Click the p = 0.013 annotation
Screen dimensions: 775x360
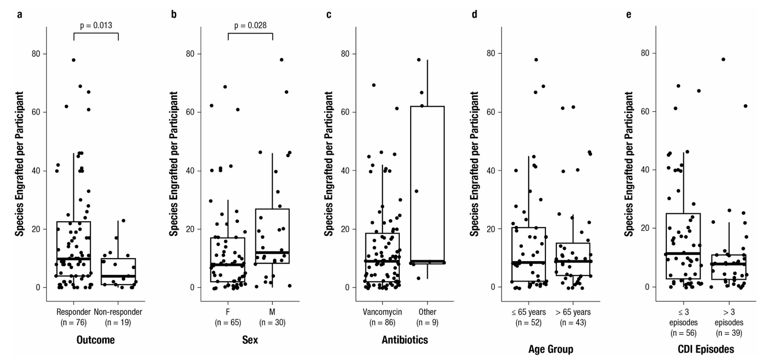coord(96,25)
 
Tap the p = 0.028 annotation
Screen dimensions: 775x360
coord(250,25)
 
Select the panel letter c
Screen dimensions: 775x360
coord(329,14)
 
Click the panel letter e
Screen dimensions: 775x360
coord(629,14)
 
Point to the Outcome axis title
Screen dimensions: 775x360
coord(95,340)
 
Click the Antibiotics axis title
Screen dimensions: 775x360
coord(405,340)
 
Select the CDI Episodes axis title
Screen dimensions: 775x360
coord(706,349)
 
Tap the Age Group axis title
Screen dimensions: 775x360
coord(551,349)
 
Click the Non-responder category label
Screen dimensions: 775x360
coord(118,312)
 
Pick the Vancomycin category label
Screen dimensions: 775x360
coord(382,312)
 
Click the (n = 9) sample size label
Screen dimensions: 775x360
coord(427,322)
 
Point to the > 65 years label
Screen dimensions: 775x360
coord(573,312)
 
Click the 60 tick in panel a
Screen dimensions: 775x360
coord(36,112)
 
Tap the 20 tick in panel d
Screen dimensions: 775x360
coord(491,229)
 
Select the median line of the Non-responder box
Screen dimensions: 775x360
coord(118,276)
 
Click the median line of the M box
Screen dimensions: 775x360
coord(272,252)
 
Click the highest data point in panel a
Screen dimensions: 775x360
coord(74,60)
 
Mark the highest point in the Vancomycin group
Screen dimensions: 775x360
coord(374,85)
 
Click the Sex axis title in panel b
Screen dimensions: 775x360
coord(250,340)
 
